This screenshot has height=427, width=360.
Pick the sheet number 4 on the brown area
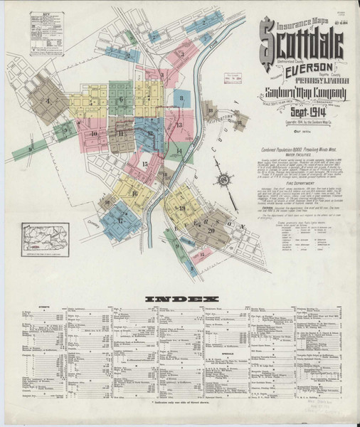point(49,100)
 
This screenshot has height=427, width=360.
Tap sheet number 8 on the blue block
point(182,98)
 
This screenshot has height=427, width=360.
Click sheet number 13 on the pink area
point(180,125)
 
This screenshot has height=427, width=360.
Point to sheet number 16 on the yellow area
point(134,193)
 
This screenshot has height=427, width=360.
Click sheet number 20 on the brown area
point(211,229)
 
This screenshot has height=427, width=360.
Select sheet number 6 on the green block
point(121,100)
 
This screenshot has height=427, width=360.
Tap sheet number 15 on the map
point(144,164)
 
